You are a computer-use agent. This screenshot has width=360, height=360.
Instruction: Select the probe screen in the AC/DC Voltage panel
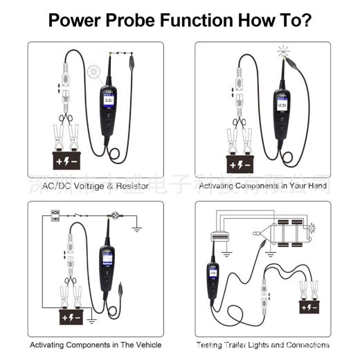click(109, 103)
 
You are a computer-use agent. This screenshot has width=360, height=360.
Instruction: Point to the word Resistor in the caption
click(129, 186)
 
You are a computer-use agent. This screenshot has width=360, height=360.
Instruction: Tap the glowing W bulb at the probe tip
click(282, 51)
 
